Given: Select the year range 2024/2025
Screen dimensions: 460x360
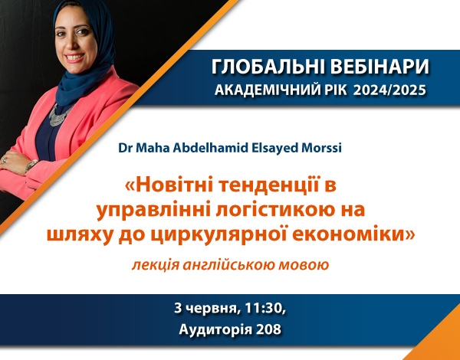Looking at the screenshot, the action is [389, 90].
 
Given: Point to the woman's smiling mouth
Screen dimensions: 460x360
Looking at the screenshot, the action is [74, 57].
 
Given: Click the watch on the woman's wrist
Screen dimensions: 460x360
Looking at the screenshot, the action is [31, 165].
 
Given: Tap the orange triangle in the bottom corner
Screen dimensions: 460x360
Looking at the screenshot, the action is [441, 343].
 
